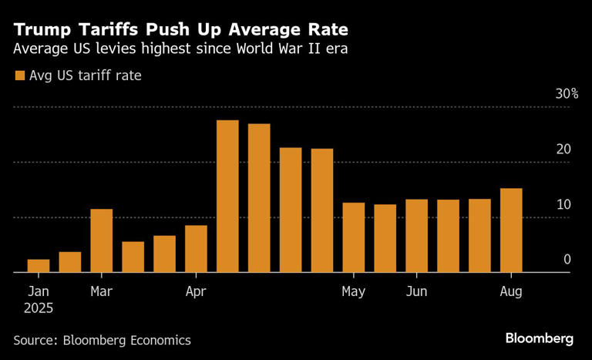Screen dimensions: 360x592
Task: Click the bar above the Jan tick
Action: [39, 266]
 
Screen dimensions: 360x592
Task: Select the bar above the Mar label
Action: [102, 241]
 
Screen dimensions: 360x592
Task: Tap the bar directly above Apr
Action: [196, 249]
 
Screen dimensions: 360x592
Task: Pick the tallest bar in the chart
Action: [227, 197]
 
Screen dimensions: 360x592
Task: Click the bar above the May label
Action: [353, 237]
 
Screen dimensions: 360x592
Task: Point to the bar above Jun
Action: [416, 236]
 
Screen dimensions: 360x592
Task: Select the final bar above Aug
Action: [511, 230]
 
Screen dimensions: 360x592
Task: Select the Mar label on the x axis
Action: [102, 291]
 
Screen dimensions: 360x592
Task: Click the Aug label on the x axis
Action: [511, 291]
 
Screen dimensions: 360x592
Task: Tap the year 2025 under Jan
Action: [39, 308]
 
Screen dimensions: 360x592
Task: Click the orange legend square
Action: [18, 76]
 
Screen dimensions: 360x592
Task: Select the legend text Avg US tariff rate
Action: [85, 76]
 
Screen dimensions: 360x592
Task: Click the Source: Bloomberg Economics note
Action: [102, 339]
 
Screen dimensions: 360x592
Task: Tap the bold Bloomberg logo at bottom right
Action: [539, 338]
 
